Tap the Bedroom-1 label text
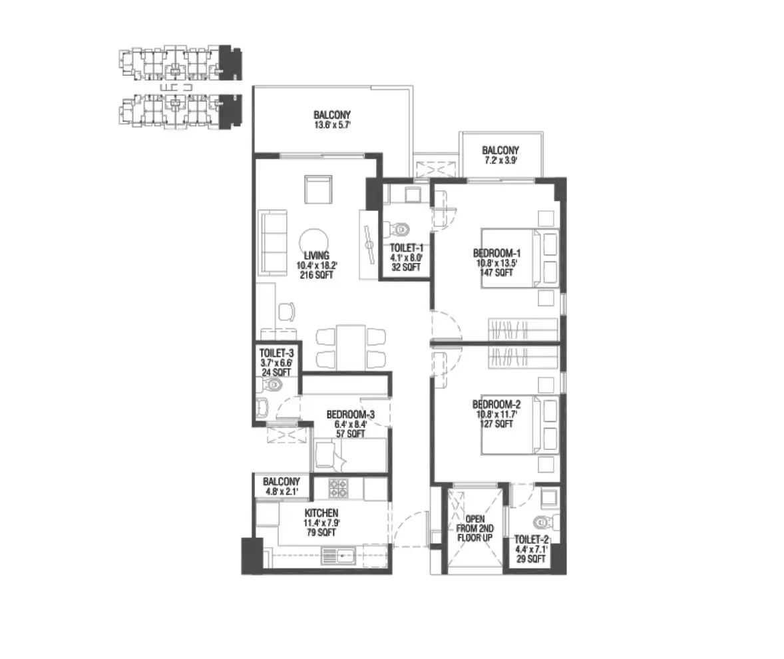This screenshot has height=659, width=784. tap(496, 253)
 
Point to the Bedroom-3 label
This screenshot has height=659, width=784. tap(350, 414)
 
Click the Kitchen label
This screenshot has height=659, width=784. tap(321, 513)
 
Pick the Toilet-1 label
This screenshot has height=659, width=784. tap(406, 248)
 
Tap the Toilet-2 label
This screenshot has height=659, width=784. tap(530, 540)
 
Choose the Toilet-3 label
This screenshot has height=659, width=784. tap(277, 353)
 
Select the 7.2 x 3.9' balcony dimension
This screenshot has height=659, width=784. tap(500, 160)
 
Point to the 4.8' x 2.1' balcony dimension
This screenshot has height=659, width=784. tap(281, 491)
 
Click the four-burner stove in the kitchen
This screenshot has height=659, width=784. tap(339, 489)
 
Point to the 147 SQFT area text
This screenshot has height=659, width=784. tap(496, 272)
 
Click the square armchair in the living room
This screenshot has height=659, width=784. tap(318, 190)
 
